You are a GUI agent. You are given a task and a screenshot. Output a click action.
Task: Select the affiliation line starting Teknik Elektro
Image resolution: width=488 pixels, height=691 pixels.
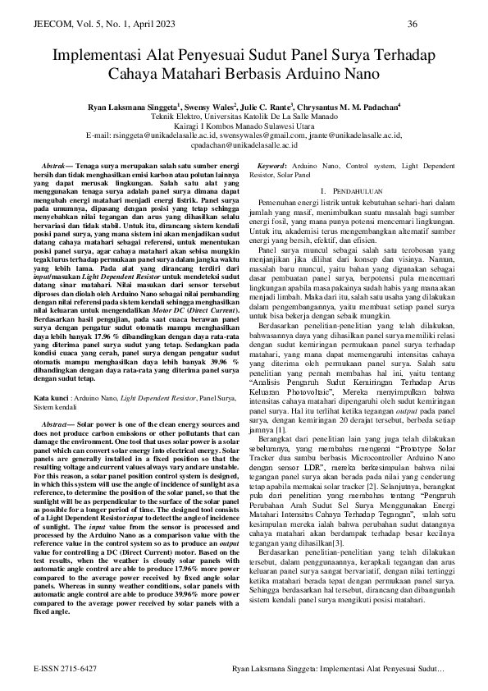(x=244, y=117)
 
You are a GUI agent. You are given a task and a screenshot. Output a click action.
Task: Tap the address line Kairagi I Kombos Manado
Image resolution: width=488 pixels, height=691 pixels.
(x=244, y=126)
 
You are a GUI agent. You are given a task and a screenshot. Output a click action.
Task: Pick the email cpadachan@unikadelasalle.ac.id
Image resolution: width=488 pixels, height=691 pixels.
(x=244, y=144)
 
